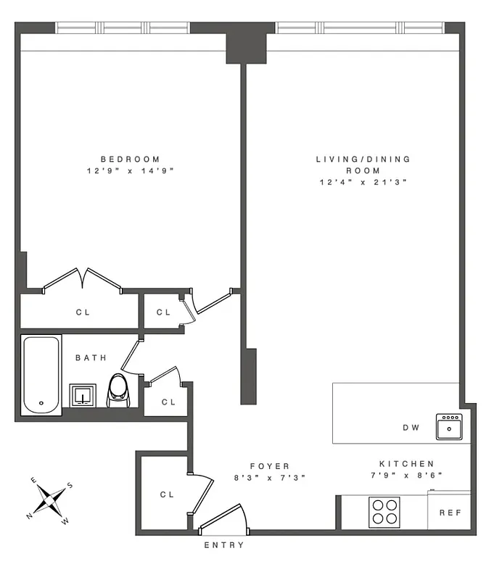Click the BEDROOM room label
click(x=130, y=159)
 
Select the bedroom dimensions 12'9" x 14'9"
click(x=130, y=171)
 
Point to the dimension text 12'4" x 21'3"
click(x=363, y=183)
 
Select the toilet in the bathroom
click(x=118, y=390)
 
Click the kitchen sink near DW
click(x=448, y=426)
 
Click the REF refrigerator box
click(x=450, y=512)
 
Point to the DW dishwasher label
click(x=411, y=428)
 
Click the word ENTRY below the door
click(x=224, y=545)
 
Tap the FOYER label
click(x=270, y=466)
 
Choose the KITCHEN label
click(x=406, y=464)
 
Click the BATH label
click(x=91, y=357)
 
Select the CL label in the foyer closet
click(x=166, y=494)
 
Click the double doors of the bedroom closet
click(x=85, y=278)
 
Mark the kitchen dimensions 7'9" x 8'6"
click(x=406, y=476)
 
